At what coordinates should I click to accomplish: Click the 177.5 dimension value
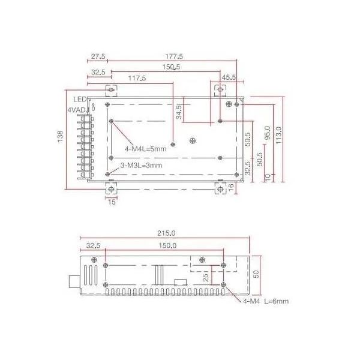[174, 56]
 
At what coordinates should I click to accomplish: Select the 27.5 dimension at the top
[98, 56]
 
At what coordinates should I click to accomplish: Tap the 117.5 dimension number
[137, 78]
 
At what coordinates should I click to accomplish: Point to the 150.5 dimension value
[171, 67]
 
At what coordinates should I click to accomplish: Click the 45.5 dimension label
[229, 77]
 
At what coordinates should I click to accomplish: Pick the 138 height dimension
[60, 137]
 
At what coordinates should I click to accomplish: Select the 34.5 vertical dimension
[179, 112]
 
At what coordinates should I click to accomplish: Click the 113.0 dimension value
[278, 135]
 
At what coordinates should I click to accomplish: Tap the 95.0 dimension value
[268, 133]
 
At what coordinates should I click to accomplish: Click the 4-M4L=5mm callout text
[146, 149]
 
